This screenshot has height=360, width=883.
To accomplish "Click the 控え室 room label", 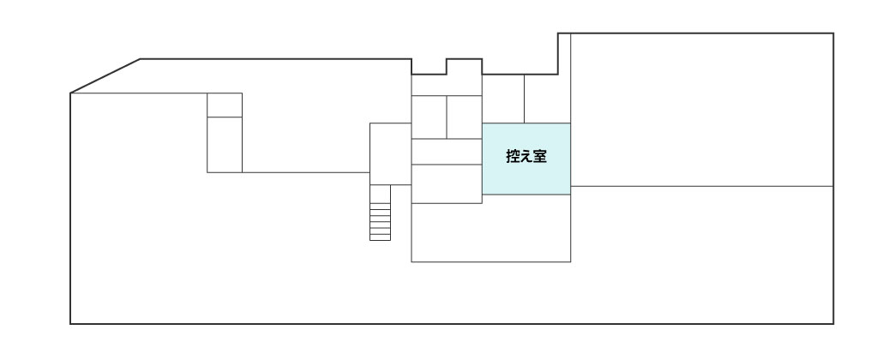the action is coord(526,157).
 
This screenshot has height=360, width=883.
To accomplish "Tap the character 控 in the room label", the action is coord(513,157).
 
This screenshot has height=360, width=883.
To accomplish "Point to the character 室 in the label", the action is coord(540,157).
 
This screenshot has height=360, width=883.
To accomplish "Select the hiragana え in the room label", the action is coord(526,157).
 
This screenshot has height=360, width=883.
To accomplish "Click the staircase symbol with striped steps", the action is coord(380,213).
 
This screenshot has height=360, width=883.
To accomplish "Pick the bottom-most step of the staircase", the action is coord(380,237).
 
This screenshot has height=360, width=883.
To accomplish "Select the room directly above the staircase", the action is coord(390,153).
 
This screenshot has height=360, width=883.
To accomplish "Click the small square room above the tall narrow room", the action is coord(225,105).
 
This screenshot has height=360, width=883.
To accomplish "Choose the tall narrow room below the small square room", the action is coord(225,145).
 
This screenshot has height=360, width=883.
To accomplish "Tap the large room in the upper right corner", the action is coord(701,110).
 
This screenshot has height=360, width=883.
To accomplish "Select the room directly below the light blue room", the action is coord(526,228).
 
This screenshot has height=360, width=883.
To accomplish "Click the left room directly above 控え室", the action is coord(503,99).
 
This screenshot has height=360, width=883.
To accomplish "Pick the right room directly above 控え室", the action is coord(547,99).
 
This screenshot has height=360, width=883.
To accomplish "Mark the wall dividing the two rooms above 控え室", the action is coord(525,99).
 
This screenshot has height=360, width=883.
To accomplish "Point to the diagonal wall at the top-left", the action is coord(105,75).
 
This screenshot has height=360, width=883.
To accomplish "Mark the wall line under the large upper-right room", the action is coord(701,186).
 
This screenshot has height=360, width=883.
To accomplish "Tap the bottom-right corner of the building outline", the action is coord(833,324).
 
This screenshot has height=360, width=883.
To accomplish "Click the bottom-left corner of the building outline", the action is coord(70,324).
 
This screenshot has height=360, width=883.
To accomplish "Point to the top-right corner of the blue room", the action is coord(570,123).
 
